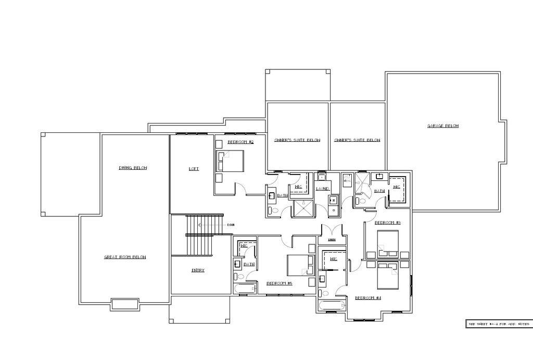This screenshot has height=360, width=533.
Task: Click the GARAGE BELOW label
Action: click(x=442, y=126)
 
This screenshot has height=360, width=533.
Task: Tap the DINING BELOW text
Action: click(x=133, y=168)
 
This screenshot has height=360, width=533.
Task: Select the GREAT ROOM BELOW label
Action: click(x=125, y=257)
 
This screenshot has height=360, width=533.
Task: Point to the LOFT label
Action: click(x=194, y=169)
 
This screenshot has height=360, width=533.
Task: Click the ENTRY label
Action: click(x=198, y=270)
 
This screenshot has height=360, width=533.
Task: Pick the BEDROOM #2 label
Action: click(x=240, y=142)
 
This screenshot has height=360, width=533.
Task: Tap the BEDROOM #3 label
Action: click(x=387, y=222)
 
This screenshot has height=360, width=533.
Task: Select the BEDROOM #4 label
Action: click(x=368, y=298)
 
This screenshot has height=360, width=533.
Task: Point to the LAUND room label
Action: click(x=323, y=189)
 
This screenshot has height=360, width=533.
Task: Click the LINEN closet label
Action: click(x=332, y=240)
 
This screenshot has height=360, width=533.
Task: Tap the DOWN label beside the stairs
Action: click(x=230, y=225)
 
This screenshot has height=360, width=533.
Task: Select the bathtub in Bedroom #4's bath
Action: click(x=331, y=306)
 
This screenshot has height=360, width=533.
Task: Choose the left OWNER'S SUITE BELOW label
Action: click(x=297, y=140)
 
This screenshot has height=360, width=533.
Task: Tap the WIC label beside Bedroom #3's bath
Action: click(x=397, y=187)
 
